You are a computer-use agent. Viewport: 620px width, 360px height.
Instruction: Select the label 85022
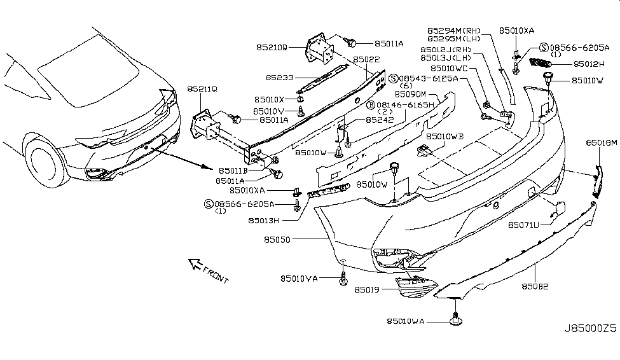click(367, 59)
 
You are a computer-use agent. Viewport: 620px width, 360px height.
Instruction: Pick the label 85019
click(368, 290)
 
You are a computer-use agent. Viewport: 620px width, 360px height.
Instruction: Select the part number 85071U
click(524, 225)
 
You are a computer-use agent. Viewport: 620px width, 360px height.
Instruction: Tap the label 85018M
click(601, 144)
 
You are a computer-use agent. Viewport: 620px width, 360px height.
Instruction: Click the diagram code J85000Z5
click(589, 330)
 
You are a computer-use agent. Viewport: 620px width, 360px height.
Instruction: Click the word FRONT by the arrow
click(215, 275)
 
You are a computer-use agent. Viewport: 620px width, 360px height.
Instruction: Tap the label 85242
click(380, 120)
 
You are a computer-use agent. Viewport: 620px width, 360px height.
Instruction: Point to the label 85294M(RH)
click(454, 30)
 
